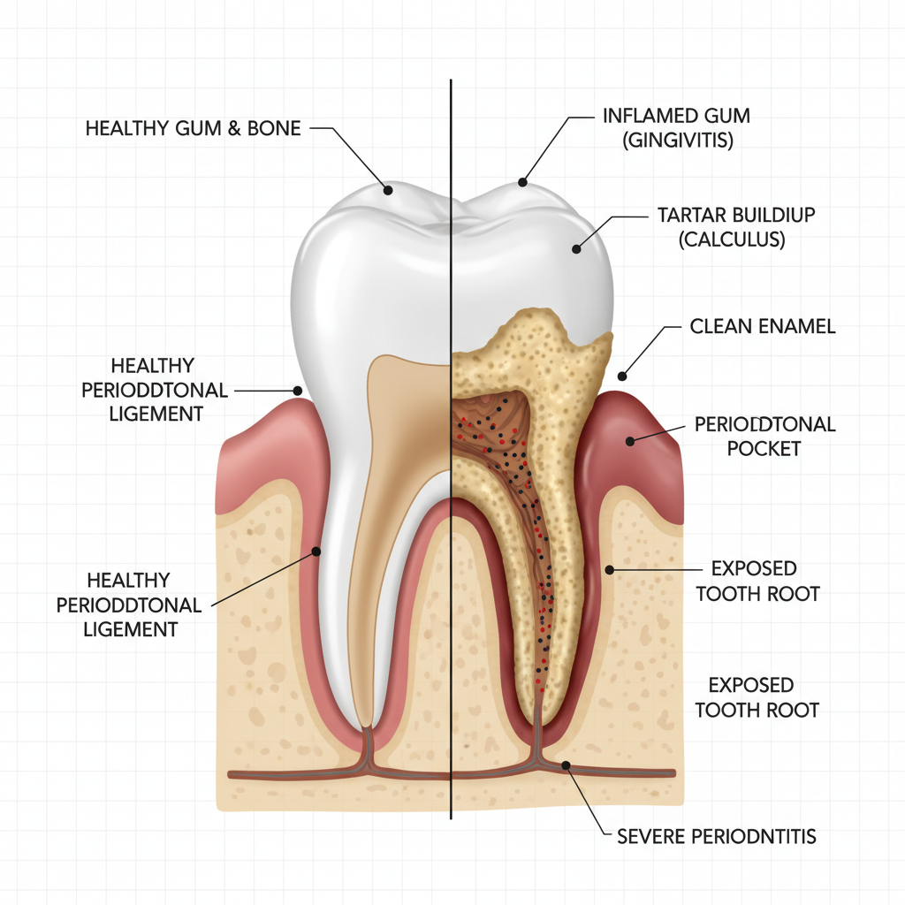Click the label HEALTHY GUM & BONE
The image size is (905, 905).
coord(193,129)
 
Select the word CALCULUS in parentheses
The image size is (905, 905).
coord(732,240)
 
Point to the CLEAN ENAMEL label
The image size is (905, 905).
coord(762,327)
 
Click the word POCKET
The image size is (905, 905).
coord(764,448)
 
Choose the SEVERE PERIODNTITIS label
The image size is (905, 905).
coord(715,835)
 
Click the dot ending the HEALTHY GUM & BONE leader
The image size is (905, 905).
coord(387,188)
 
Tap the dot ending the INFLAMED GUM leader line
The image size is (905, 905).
coord(522,183)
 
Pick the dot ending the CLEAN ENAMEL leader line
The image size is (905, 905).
coord(622,375)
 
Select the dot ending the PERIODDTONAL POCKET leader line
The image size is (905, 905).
coord(631,440)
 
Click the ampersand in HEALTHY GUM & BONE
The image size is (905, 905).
coord(235,129)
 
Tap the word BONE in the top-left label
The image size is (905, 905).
coord(275,129)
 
